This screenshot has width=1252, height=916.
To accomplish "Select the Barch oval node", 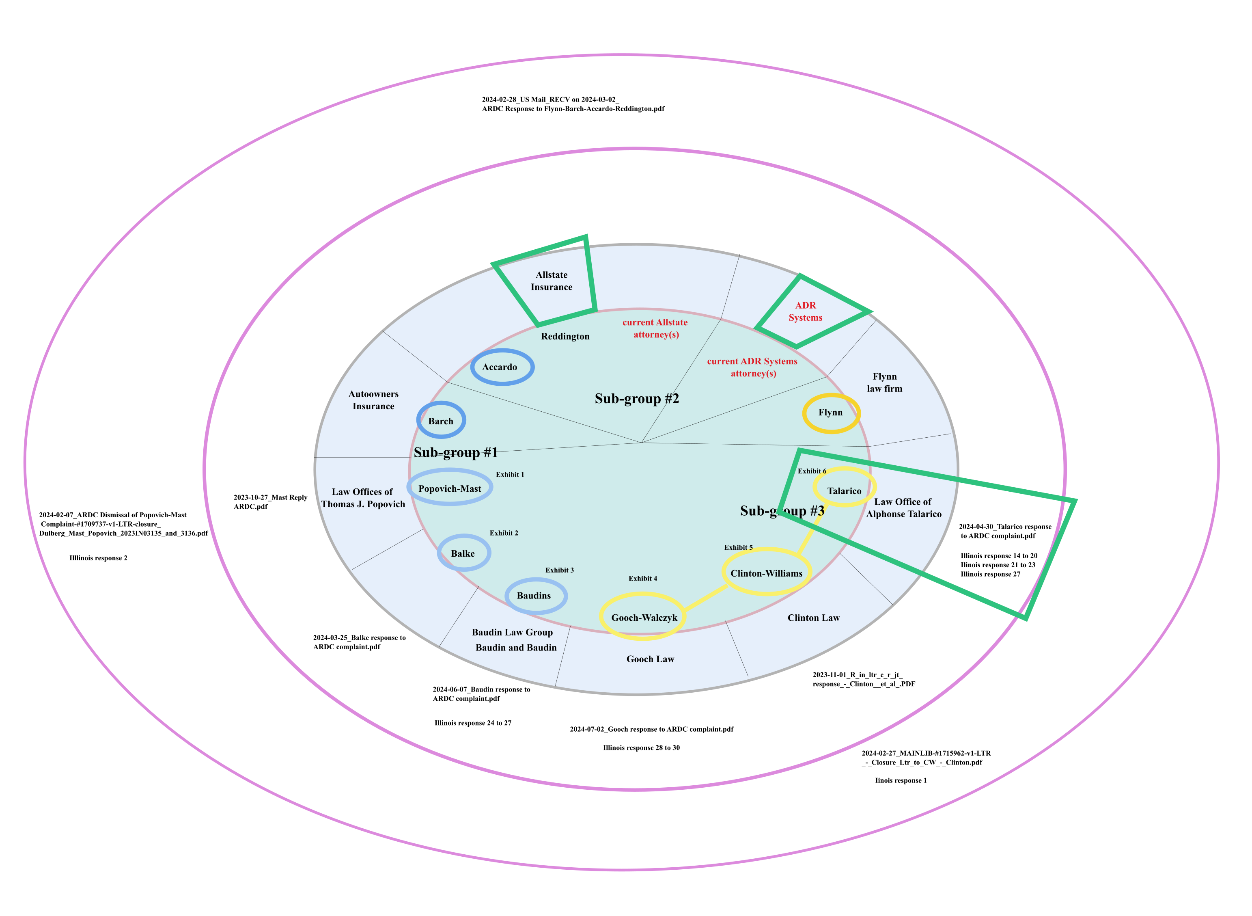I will (441, 421).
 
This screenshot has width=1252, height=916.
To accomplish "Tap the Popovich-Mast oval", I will (450, 488).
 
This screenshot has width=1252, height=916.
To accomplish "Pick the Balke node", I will (463, 553).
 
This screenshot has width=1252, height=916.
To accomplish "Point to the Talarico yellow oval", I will (844, 491).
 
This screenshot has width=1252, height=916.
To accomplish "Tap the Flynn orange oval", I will (830, 413).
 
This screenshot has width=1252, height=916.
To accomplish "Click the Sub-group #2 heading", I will (636, 399).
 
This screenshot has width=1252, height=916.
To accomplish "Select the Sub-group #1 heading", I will (456, 452).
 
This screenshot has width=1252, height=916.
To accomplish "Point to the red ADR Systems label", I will (805, 311).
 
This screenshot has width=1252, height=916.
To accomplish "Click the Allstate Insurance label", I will (552, 281).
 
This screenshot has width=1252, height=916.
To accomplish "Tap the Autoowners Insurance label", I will (373, 400).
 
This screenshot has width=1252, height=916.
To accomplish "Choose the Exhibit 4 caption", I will (642, 578).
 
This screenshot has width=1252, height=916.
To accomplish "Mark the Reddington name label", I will (565, 337).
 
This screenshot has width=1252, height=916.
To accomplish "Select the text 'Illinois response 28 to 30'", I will (641, 747).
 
